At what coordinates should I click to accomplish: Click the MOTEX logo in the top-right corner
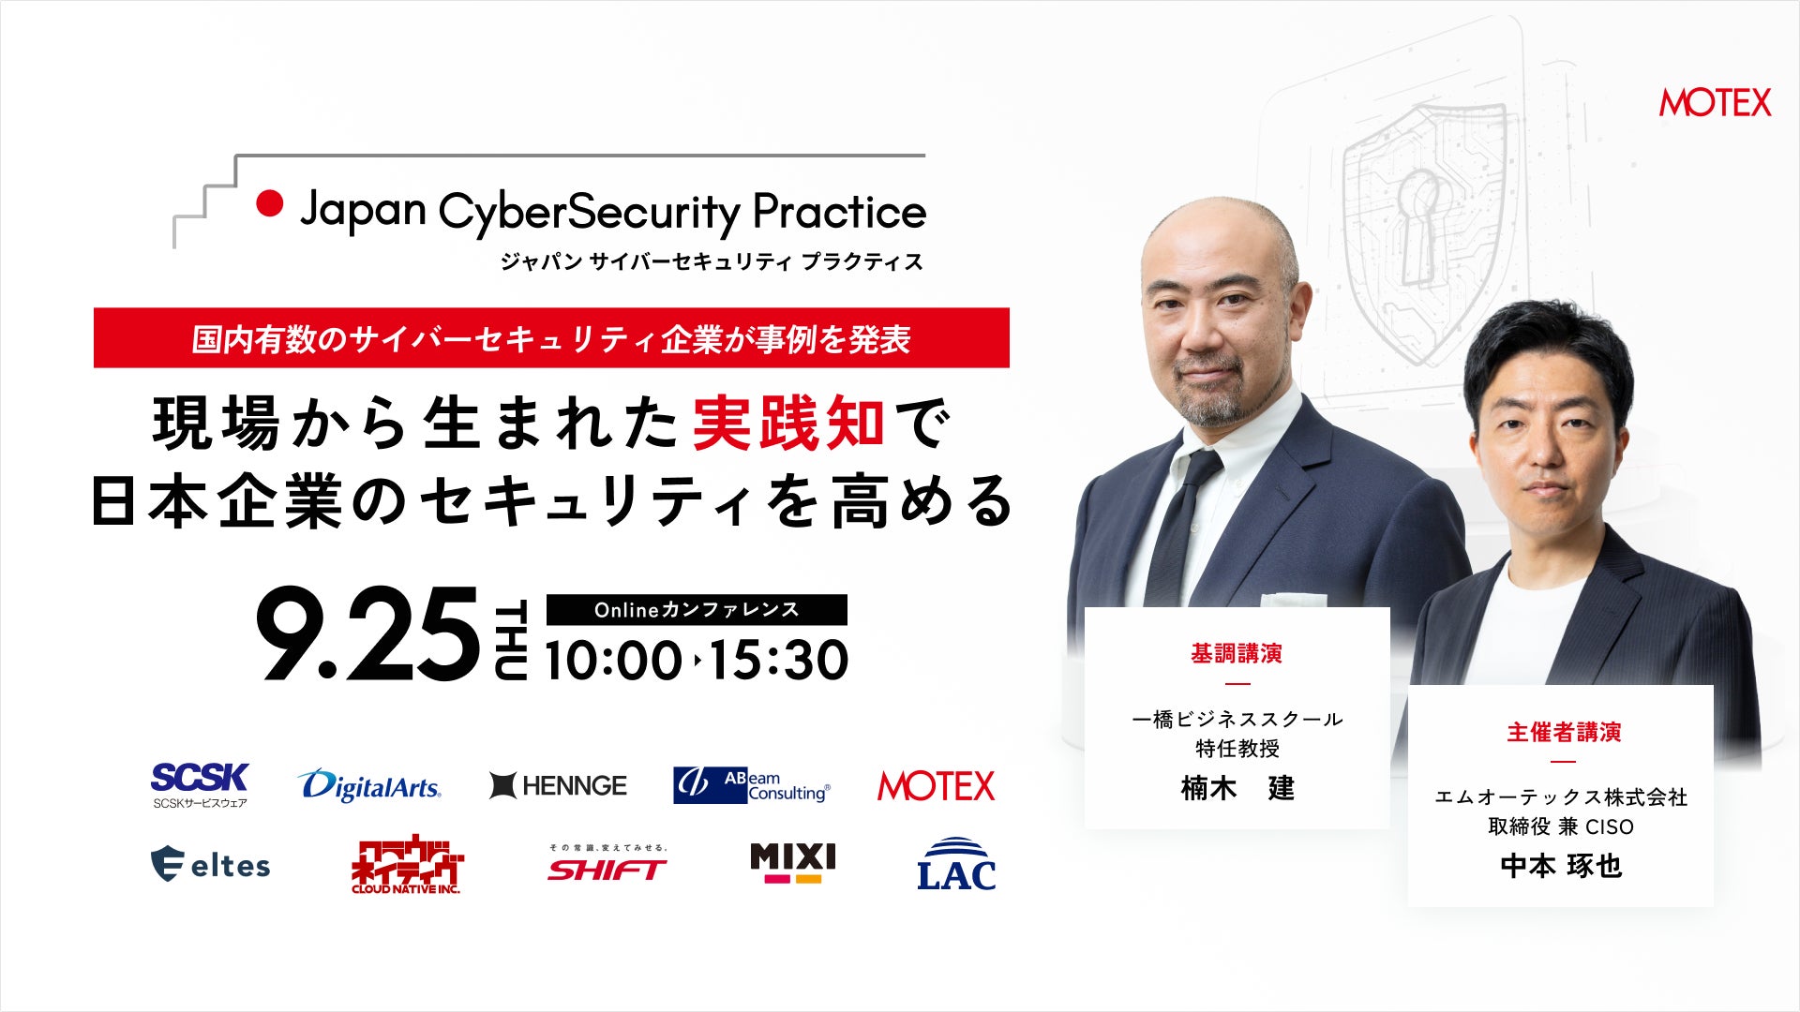point(1715,102)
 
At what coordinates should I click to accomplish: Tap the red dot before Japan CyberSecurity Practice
point(270,203)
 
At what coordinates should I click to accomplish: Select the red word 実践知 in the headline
point(788,424)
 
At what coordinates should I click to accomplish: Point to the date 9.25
point(367,634)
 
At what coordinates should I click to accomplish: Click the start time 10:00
point(614,660)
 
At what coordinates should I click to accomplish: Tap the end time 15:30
point(779,660)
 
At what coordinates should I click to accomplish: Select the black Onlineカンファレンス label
point(697,610)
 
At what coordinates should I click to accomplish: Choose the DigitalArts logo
point(369,785)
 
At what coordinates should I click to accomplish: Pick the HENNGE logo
point(558,785)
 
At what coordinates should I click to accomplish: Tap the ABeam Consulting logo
point(752,785)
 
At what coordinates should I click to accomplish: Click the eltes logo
point(210,864)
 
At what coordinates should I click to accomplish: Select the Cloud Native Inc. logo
point(407,864)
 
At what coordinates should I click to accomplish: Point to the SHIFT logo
point(607,864)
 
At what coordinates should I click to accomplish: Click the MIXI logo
point(792,863)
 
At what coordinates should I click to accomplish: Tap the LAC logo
point(956,863)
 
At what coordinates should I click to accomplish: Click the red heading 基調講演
point(1237,653)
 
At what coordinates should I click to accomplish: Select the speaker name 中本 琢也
point(1561,866)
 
